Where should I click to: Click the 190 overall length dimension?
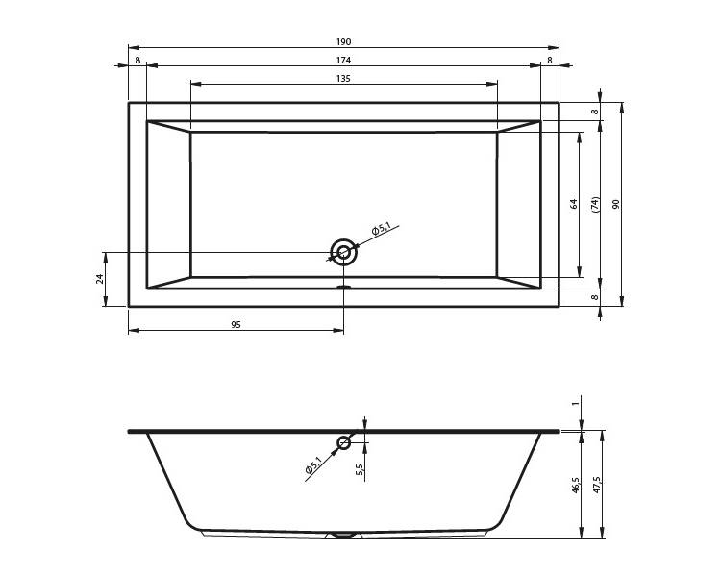(343, 42)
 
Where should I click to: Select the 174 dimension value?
(343, 61)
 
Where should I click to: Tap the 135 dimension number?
(343, 79)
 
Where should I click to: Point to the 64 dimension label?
(573, 204)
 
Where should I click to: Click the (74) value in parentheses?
(595, 204)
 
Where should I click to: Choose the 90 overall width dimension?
(616, 204)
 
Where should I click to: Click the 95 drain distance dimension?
(236, 325)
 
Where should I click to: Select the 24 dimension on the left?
(100, 278)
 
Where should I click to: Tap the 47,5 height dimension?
(597, 486)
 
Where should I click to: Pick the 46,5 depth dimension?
(576, 486)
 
